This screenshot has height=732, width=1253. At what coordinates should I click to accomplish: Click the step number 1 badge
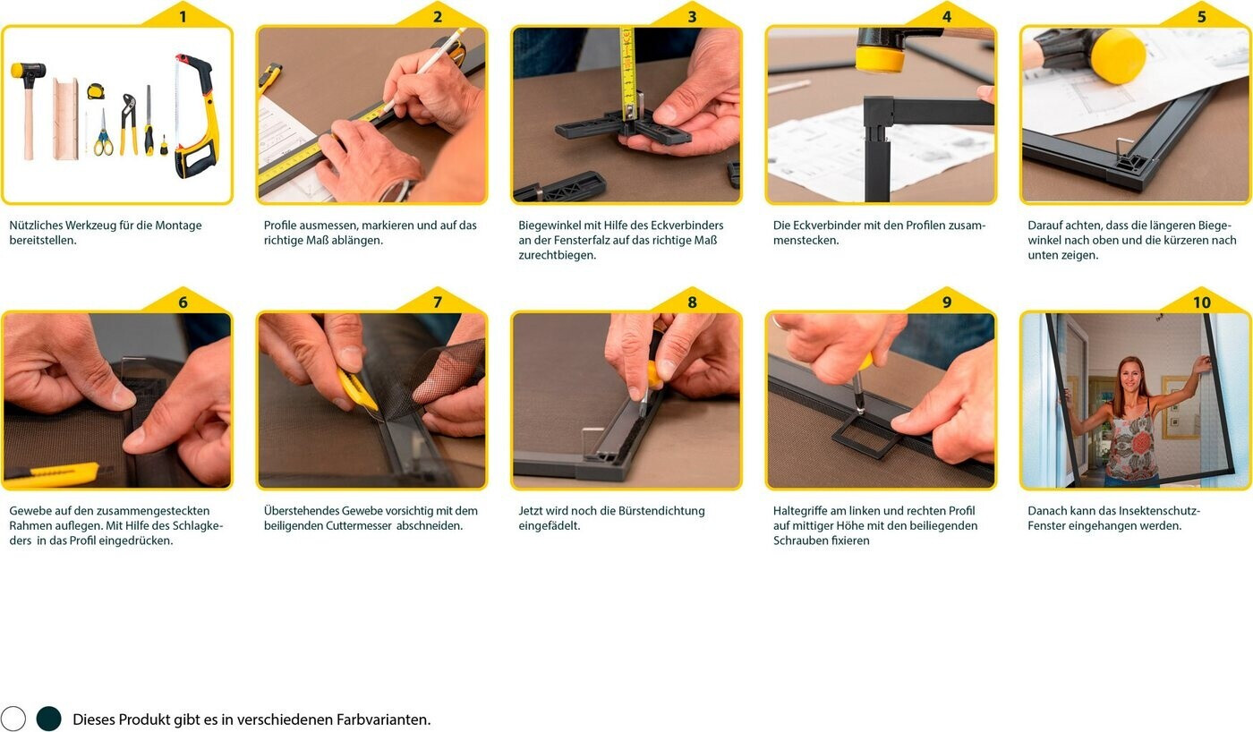183,17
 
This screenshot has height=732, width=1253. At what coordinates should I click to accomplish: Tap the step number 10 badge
1201,302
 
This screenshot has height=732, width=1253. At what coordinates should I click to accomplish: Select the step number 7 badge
438,302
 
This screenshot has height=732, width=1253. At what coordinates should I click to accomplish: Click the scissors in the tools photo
102,133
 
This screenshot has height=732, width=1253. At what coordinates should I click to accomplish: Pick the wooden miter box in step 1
65,118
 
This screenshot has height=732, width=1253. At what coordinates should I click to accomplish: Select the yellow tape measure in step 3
627,72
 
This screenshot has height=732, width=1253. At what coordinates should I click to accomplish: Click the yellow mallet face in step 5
1117,55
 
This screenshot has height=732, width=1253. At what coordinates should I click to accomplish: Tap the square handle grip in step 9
866,435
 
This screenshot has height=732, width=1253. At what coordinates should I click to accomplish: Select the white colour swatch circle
13,718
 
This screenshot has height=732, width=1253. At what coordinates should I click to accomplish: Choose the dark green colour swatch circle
49,718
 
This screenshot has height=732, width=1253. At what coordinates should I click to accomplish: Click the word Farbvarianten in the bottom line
383,719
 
